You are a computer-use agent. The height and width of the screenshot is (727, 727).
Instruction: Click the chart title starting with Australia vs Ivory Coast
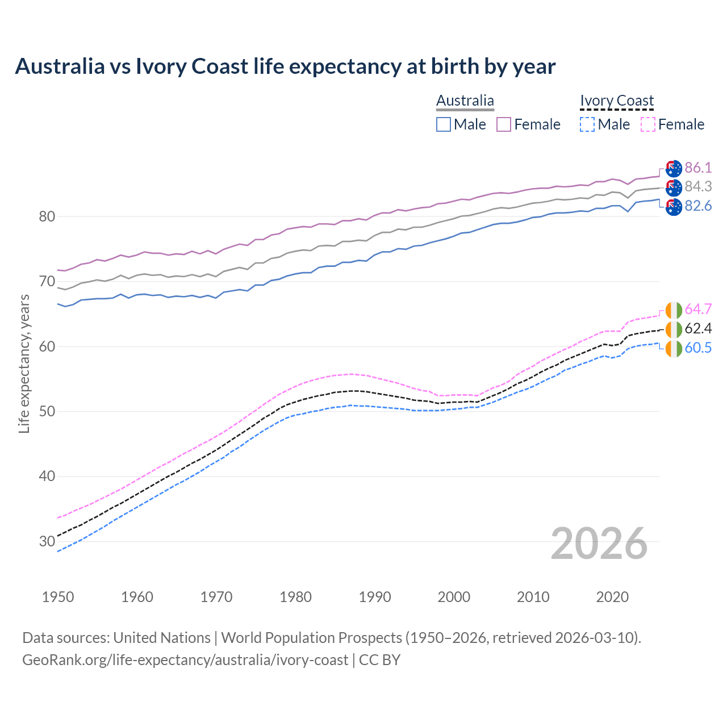285,66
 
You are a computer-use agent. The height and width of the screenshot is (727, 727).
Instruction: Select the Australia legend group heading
465,101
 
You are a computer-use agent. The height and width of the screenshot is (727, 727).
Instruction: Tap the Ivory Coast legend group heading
617,101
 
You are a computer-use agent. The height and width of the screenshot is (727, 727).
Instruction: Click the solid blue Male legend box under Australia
444,124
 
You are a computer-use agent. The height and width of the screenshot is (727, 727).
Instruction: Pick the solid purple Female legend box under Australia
504,124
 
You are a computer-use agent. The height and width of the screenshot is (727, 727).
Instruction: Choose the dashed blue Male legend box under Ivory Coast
587,124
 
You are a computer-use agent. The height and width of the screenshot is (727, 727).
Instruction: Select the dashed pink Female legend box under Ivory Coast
648,124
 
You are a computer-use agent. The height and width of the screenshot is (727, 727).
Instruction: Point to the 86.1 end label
698,168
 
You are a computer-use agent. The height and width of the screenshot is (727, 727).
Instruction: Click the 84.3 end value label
698,186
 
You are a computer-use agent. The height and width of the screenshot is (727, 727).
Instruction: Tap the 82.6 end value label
698,206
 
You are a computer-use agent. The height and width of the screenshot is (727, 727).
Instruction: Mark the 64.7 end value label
698,309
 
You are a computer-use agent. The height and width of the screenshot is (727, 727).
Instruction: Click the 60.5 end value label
698,348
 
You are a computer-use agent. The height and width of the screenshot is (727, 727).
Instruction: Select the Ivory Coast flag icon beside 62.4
674,329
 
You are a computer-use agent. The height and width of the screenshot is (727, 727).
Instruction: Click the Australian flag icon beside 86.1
674,168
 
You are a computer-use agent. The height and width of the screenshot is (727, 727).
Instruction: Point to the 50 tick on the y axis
47,411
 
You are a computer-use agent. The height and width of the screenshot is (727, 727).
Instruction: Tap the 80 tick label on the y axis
47,216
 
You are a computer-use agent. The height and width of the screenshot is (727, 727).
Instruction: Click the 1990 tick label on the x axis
375,597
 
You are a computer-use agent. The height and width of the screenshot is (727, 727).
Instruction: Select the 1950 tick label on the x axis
58,597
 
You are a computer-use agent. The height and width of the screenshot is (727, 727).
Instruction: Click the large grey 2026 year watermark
599,544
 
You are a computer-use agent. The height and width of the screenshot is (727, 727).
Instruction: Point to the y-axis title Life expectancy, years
24,363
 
